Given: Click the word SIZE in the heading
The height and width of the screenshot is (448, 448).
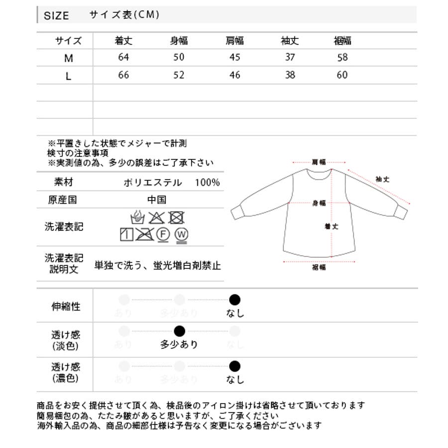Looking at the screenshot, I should [x=56, y=15].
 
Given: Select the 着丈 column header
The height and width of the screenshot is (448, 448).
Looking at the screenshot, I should [x=123, y=41].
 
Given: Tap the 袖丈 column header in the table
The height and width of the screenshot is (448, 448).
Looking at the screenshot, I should [x=290, y=41].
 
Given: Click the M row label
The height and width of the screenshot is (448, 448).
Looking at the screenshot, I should [x=69, y=58].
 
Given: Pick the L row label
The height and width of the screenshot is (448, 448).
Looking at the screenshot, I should [x=69, y=76].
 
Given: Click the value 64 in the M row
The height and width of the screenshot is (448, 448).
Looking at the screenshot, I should [x=123, y=57].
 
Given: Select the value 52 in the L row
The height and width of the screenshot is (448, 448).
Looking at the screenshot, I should [x=179, y=75].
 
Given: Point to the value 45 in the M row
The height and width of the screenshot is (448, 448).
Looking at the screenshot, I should [x=234, y=57].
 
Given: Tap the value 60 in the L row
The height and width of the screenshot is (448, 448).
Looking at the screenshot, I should [x=342, y=75].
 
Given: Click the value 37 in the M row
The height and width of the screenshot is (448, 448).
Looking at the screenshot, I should [x=290, y=57].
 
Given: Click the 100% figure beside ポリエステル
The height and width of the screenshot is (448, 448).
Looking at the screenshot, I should [x=207, y=183].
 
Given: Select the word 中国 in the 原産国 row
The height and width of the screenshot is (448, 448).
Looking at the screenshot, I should [x=156, y=200].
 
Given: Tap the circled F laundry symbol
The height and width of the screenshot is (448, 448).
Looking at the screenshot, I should [x=163, y=234].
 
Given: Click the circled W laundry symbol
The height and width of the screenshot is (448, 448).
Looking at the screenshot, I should [x=181, y=234].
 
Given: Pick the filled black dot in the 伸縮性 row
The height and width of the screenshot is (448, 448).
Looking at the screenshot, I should [x=234, y=300].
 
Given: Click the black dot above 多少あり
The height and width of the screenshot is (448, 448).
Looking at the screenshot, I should [x=179, y=331].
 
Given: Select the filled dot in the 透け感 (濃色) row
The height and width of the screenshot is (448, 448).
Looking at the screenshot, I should [x=234, y=367].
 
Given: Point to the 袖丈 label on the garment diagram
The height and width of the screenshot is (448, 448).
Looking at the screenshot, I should [x=382, y=179].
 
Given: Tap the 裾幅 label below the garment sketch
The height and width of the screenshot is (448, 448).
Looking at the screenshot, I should [x=319, y=267].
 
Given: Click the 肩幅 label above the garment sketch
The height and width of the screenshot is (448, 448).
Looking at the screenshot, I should [x=319, y=162].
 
